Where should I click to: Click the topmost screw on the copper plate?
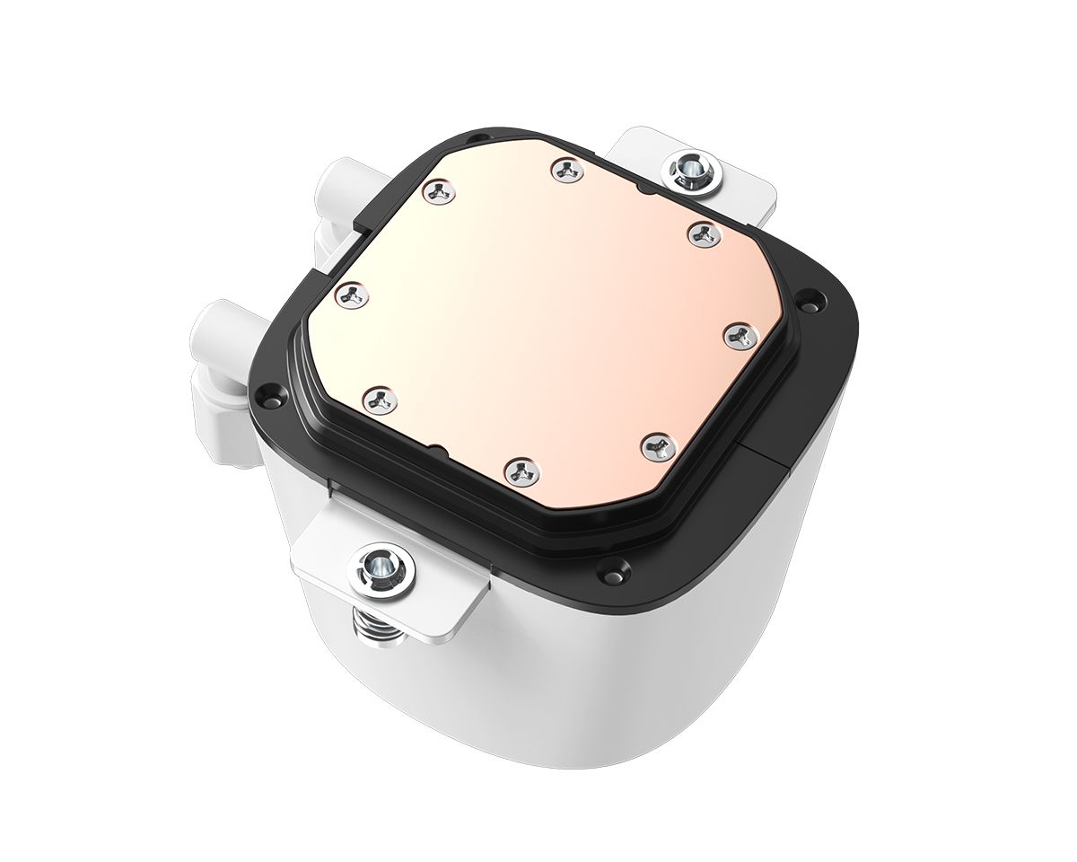tap(564, 169)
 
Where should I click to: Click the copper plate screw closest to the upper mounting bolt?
tap(700, 233)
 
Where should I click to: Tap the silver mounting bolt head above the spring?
tap(381, 566)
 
